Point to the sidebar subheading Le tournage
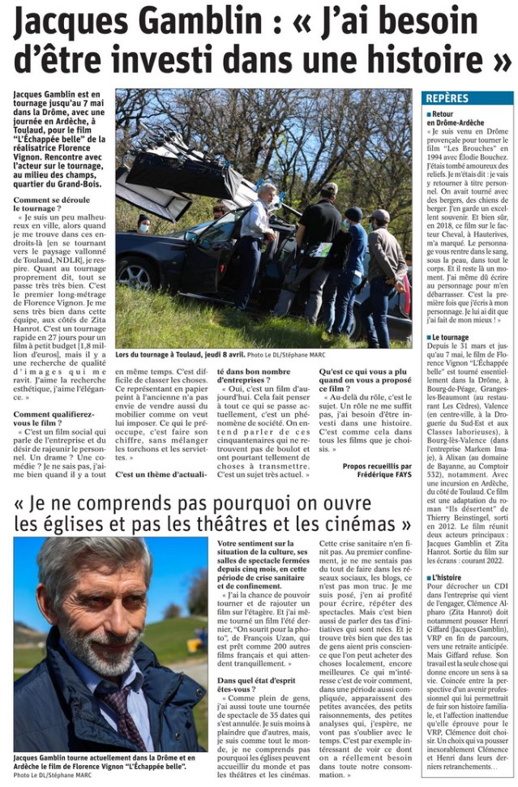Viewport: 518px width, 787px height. coord(451,336)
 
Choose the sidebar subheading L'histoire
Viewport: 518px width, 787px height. coord(447,577)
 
